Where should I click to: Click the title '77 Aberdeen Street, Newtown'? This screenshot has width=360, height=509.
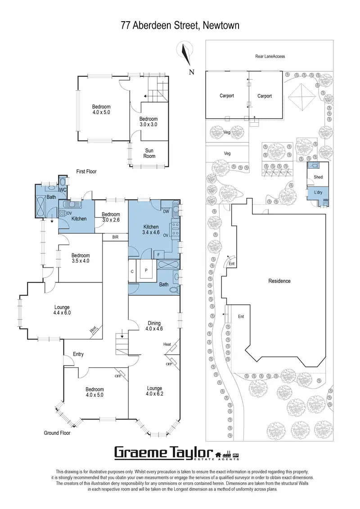click(x=180, y=26)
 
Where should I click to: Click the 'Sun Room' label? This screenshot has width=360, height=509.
click(x=149, y=153)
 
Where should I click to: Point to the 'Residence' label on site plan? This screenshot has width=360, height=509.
click(x=279, y=281)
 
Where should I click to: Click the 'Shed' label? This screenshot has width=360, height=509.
click(x=318, y=177)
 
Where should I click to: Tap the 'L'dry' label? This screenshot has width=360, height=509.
click(x=318, y=192)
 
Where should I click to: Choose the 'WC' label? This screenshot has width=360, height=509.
click(x=63, y=191)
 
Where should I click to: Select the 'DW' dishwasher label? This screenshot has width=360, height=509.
click(x=166, y=211)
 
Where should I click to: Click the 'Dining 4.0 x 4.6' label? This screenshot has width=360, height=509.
click(x=153, y=325)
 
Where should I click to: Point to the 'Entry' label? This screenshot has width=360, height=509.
click(x=78, y=354)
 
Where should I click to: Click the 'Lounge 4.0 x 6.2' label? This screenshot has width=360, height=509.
click(x=154, y=391)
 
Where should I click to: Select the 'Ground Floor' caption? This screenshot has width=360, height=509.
click(x=57, y=433)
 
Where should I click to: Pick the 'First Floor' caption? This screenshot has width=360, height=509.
click(x=86, y=171)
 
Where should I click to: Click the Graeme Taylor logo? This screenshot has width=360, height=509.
click(x=176, y=452)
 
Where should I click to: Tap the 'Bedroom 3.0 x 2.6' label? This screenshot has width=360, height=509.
click(x=111, y=217)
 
